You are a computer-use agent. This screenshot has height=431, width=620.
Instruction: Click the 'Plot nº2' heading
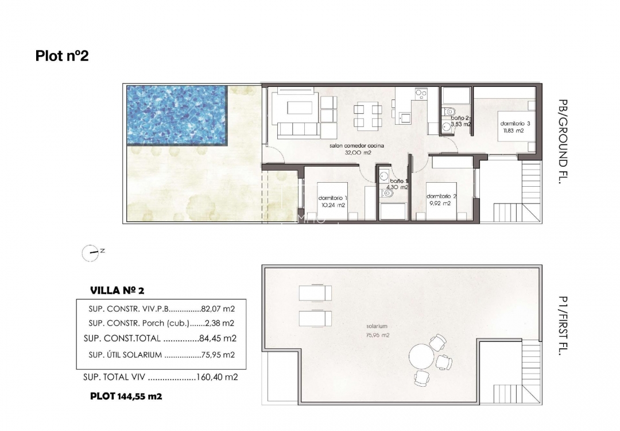[x=62, y=56]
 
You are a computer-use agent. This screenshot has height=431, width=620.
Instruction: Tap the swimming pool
[x=176, y=115]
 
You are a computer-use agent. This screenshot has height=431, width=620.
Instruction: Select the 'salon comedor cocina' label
[x=356, y=146]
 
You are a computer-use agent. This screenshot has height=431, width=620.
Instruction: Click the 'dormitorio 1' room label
[x=333, y=198]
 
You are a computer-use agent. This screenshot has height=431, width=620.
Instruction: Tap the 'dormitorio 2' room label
[x=441, y=196]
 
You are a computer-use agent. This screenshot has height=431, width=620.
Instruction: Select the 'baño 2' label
[x=460, y=117]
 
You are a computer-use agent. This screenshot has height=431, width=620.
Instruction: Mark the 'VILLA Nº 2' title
[x=121, y=290]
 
